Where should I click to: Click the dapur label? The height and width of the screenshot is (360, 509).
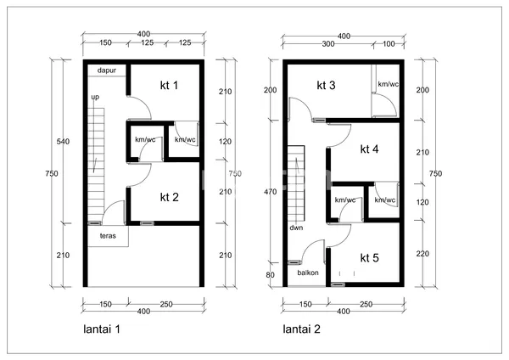tap(107, 70)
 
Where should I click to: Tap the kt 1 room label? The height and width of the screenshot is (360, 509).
tap(170, 85)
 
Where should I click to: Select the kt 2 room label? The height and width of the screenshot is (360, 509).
tap(170, 197)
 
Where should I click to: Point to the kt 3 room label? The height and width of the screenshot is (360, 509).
tap(327, 85)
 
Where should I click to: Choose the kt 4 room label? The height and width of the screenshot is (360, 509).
tap(369, 149)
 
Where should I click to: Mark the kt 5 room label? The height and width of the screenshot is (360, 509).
tap(369, 257)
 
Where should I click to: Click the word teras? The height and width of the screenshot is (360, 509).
tap(108, 235)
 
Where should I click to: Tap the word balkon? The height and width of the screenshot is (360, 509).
tap(307, 273)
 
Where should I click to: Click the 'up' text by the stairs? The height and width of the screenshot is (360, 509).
tap(95, 98)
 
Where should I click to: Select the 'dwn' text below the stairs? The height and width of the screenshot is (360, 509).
tap(296, 228)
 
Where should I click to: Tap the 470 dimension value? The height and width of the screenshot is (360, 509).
tap(270, 192)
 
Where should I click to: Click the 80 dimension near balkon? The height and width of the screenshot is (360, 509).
tap(270, 274)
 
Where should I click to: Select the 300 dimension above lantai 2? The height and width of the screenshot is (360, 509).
tap(327, 44)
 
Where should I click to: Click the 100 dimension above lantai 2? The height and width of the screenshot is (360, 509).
tap(389, 44)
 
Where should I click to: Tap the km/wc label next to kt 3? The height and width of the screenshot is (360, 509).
tap(388, 84)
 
